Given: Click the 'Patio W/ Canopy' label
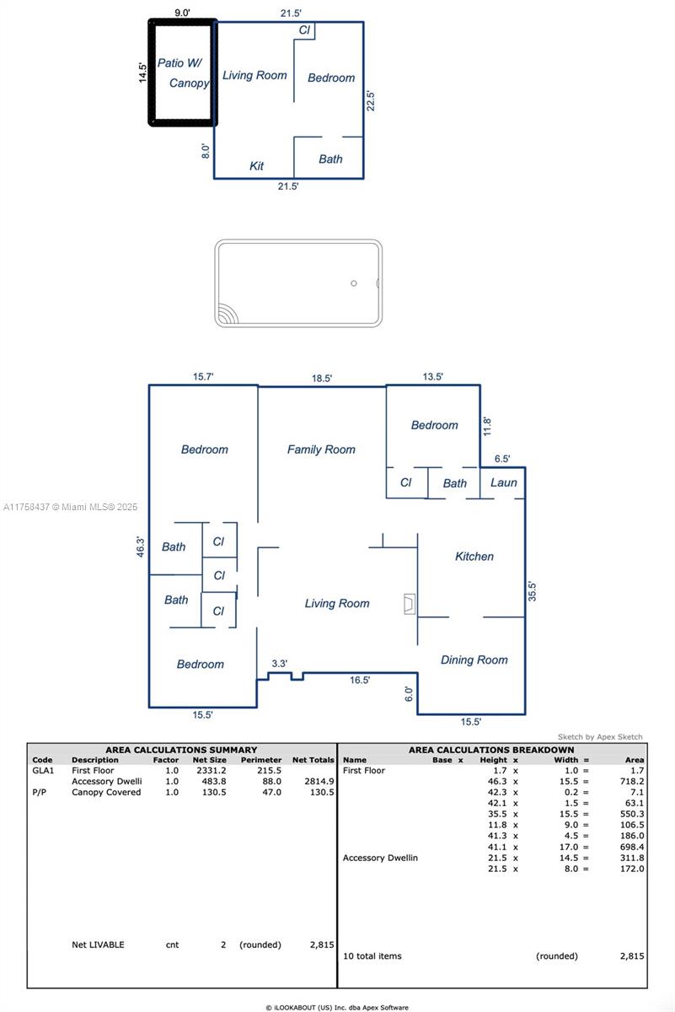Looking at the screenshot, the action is tap(184, 73).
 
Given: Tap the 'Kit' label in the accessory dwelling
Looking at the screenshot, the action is tap(256, 166).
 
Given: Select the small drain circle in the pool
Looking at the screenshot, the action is tap(354, 283).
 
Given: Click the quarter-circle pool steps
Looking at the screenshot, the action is tap(228, 313).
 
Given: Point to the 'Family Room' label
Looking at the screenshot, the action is tap(321, 449).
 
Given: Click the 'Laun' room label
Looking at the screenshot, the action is tap(503, 482).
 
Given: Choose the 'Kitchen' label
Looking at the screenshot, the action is tap(474, 556).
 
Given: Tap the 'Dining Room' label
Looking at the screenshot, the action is tap(474, 659).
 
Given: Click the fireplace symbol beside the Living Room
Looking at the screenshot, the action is tap(410, 604).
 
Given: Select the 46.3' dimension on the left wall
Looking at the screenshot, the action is tap(141, 547).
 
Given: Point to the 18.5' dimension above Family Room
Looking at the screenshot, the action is tap(322, 378).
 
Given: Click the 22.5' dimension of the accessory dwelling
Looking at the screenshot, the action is tap(370, 100).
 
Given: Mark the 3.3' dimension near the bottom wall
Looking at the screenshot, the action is tap(280, 663).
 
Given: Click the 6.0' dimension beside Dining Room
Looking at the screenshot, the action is tap(409, 694).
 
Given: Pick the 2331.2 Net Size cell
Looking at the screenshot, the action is tap(212, 770).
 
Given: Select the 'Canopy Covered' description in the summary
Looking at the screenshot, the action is tap(106, 792).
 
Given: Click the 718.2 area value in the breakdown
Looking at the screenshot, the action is tap(632, 781).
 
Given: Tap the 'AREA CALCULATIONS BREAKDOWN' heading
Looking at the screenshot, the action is tap(491, 750).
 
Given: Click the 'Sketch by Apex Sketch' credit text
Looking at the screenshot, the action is tap(600, 737).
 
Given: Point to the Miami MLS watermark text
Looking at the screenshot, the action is tap(70, 507).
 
